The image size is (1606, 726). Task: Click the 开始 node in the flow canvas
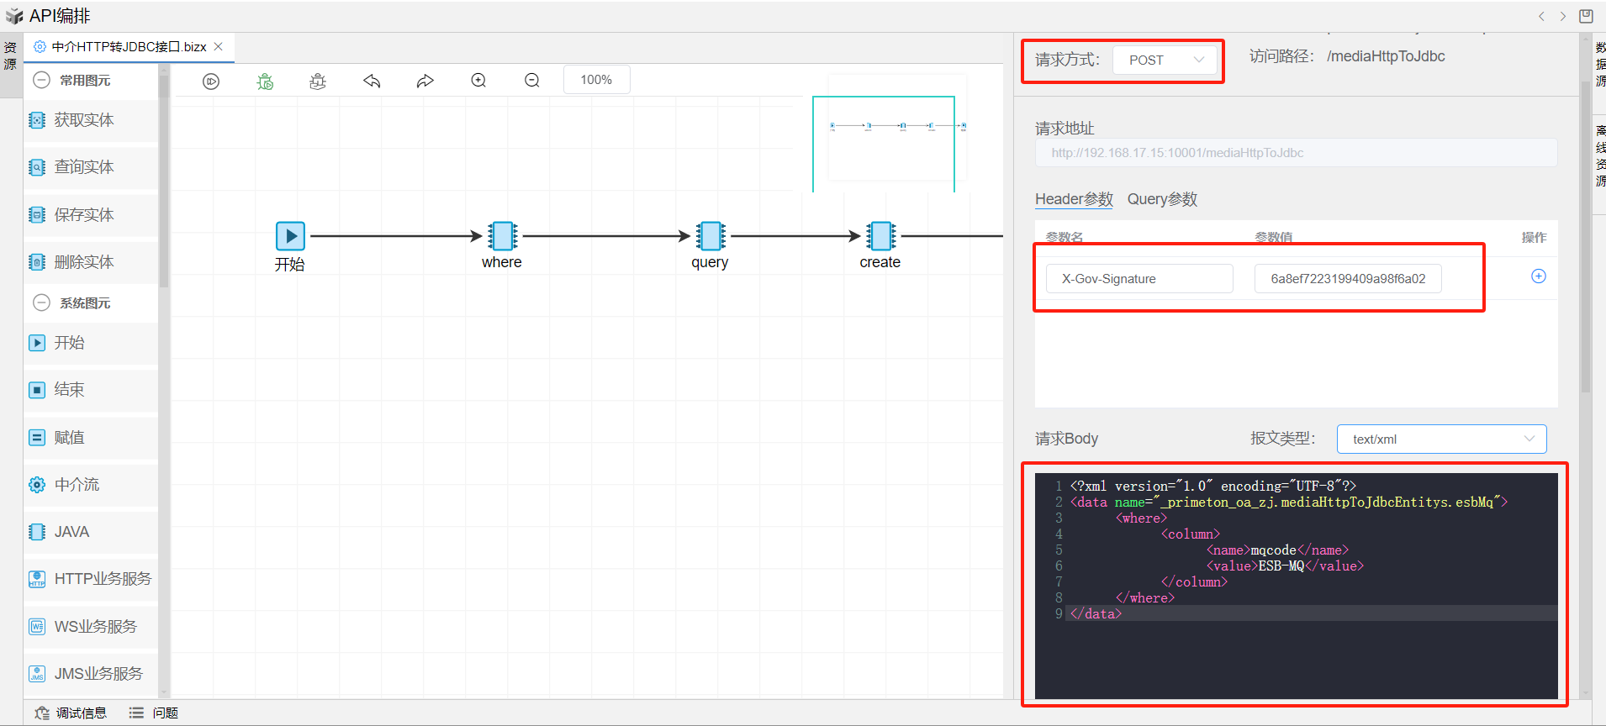pyautogui.click(x=290, y=236)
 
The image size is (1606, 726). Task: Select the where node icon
pyautogui.click(x=503, y=236)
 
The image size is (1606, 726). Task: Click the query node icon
pyautogui.click(x=711, y=236)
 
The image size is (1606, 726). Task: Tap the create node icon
pyautogui.click(x=880, y=236)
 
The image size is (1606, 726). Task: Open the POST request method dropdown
pyautogui.click(x=1165, y=60)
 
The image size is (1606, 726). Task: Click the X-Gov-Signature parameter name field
pyautogui.click(x=1139, y=279)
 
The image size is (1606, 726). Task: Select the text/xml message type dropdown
pyautogui.click(x=1441, y=439)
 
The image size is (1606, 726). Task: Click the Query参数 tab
pyautogui.click(x=1162, y=199)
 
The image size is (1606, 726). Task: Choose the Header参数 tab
pyautogui.click(x=1074, y=199)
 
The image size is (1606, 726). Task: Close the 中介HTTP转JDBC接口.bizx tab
pyautogui.click(x=219, y=47)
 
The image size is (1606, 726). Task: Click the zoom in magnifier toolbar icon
pyautogui.click(x=478, y=81)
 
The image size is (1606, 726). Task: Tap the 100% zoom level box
pyautogui.click(x=596, y=80)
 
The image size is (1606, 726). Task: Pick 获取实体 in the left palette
pyautogui.click(x=83, y=120)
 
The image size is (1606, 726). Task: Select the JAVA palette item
pyautogui.click(x=71, y=532)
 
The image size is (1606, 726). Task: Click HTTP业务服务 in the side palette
pyautogui.click(x=102, y=579)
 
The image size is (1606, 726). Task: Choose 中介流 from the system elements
pyautogui.click(x=77, y=485)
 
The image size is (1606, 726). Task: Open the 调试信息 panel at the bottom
pyautogui.click(x=81, y=713)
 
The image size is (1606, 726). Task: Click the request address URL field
pyautogui.click(x=1295, y=153)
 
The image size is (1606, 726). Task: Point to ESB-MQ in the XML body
pyautogui.click(x=1281, y=566)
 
